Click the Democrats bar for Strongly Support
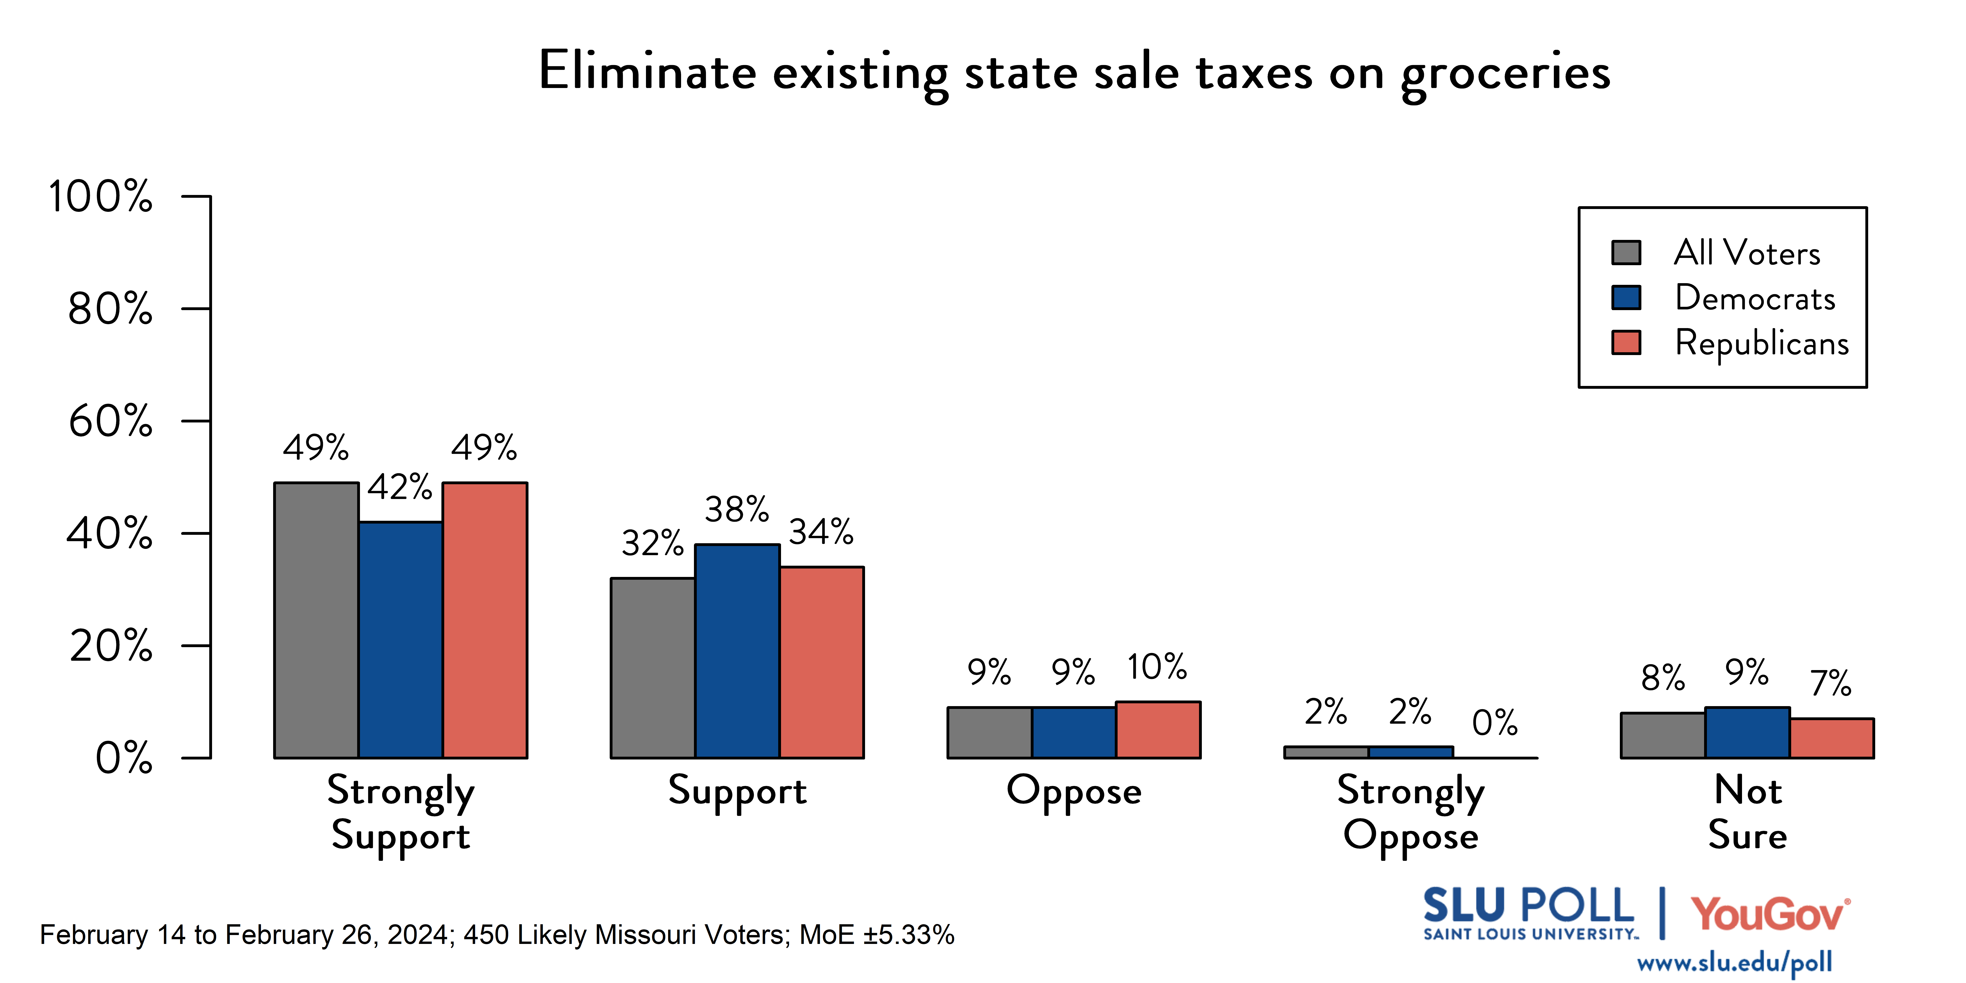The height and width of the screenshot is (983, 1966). [x=401, y=640]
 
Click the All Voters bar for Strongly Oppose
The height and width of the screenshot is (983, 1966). [x=1326, y=752]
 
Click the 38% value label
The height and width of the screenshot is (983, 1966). [x=737, y=509]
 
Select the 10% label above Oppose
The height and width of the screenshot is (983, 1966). [x=1157, y=667]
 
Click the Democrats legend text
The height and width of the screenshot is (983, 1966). [x=1755, y=298]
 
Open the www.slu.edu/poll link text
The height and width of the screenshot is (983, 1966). [x=1734, y=963]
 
